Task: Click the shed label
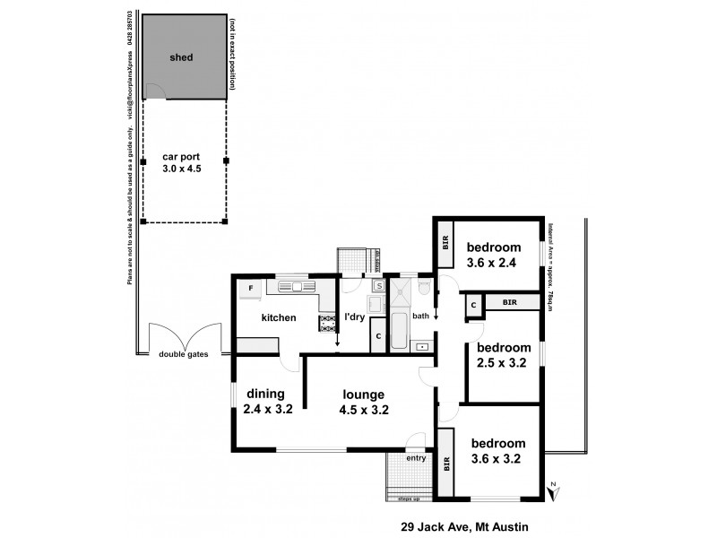(x=182, y=57)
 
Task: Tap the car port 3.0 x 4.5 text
(x=182, y=166)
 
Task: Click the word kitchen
(x=278, y=317)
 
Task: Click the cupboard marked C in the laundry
(x=378, y=337)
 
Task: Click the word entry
(x=416, y=458)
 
